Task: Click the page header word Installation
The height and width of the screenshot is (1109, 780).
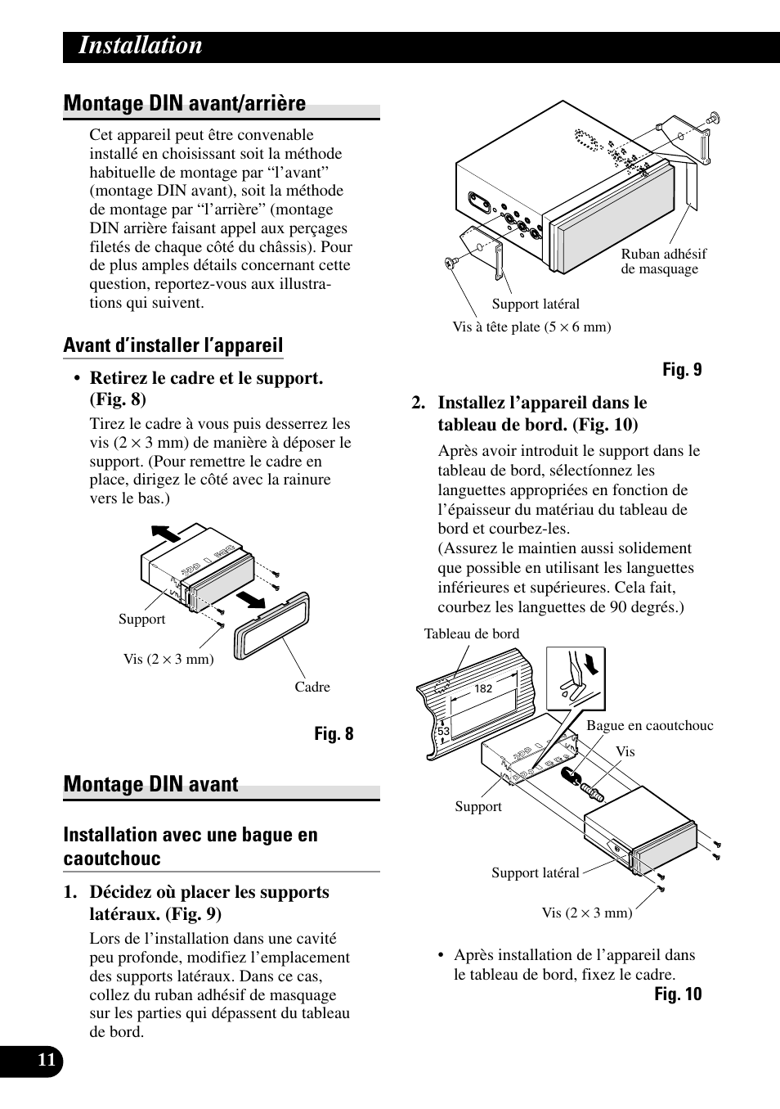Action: click(141, 46)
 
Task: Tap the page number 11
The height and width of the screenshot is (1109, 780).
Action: click(47, 1061)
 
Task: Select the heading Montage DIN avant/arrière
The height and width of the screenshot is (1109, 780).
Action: click(185, 104)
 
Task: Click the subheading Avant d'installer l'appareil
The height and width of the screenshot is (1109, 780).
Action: click(173, 345)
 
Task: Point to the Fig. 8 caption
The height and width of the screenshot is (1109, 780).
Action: click(334, 734)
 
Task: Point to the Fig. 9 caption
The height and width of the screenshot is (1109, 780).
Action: click(682, 370)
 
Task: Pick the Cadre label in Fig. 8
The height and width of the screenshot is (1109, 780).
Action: click(312, 687)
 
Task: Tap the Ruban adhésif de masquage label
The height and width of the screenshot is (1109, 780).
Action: click(663, 262)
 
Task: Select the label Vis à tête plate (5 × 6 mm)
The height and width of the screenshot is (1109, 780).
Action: click(531, 327)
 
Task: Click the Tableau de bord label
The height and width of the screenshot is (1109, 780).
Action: click(472, 634)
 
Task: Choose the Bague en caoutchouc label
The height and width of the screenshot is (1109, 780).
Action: click(649, 726)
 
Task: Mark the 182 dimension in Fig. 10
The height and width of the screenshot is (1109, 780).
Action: click(483, 689)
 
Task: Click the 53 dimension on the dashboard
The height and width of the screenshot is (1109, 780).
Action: click(444, 732)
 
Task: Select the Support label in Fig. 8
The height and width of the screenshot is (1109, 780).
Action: click(141, 620)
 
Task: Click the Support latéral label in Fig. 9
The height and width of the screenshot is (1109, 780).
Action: click(536, 304)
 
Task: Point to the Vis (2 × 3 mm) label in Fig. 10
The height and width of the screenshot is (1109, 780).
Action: click(587, 913)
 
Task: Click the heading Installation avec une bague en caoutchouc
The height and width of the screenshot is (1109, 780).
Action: click(191, 846)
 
